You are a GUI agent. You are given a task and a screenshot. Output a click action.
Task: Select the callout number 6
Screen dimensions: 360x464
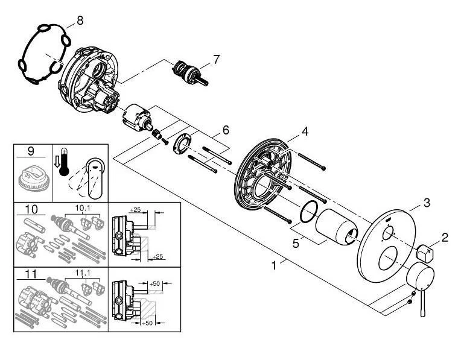coord(225,130)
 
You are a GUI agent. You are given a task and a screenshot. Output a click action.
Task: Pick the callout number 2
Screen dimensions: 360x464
coord(445,237)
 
